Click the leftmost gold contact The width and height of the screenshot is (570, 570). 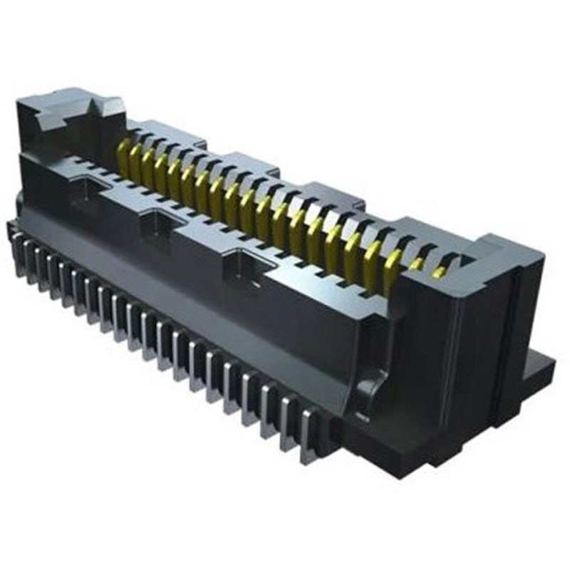coord(123,158)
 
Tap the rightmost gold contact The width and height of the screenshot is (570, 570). coord(440,271)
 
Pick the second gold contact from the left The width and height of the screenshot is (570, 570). coord(135,162)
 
